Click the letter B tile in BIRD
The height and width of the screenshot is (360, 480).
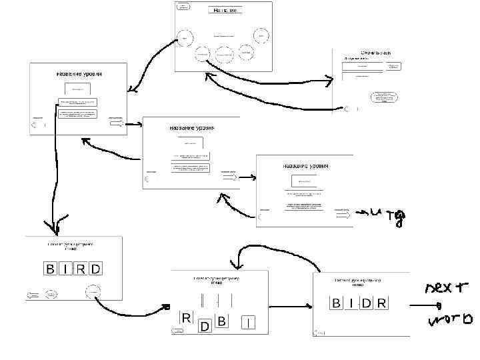(49, 269)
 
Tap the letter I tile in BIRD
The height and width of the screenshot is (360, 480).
(64, 269)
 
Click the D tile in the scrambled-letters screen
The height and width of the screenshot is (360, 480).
(205, 326)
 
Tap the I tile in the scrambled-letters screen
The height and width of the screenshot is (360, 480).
(248, 323)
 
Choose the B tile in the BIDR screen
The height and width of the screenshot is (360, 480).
(336, 304)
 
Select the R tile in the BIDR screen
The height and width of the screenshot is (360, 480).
(381, 304)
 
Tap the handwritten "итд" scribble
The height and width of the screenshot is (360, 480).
(387, 215)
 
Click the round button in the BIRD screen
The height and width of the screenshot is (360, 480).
(94, 292)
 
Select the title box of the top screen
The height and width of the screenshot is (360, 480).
(225, 10)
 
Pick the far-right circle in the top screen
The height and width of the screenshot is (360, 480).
(262, 35)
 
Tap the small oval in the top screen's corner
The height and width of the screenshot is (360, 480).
(183, 7)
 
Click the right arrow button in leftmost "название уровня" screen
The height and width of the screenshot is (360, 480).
(116, 124)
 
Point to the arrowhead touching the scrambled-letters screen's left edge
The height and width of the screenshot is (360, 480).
(167, 307)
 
